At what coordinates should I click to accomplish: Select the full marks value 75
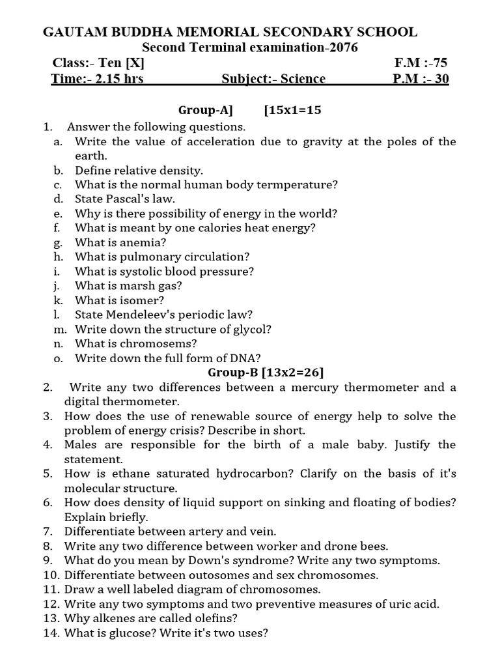[x=439, y=63]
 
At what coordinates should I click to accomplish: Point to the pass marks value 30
[x=439, y=79]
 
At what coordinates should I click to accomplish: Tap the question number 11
[x=51, y=589]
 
